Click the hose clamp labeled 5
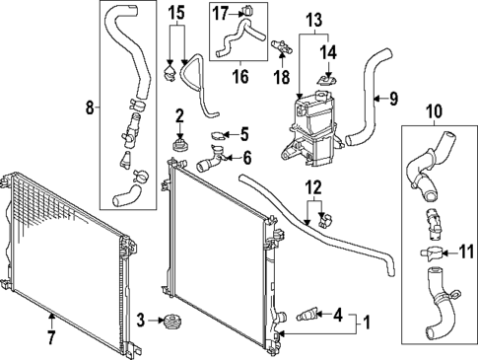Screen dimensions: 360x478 [x=219, y=135]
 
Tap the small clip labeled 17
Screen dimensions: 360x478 [x=246, y=12]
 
